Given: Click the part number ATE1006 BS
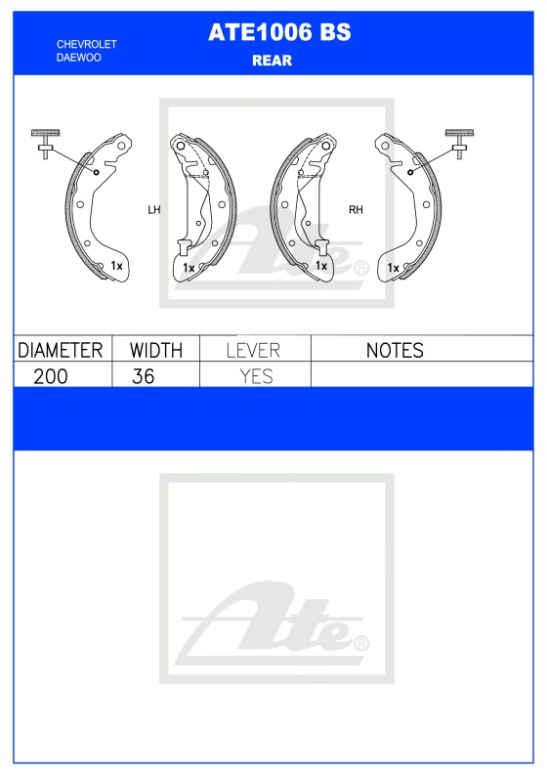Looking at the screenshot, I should (x=278, y=33).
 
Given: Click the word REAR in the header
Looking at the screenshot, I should (x=273, y=61).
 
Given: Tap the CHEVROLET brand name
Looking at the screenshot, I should (x=87, y=45).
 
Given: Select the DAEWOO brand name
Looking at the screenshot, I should (x=78, y=58).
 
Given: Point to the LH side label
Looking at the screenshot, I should (x=153, y=209).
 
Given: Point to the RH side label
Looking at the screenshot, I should (x=356, y=209).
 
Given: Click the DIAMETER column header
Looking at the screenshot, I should (x=61, y=350).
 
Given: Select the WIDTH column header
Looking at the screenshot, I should (x=155, y=350).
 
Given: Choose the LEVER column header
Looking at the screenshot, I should (x=253, y=350).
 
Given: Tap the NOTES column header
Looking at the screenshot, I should (x=394, y=350).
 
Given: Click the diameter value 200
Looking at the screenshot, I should (x=50, y=376).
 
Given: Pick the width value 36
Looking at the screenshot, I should (x=143, y=376).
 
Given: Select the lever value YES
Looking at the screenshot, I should (x=256, y=376).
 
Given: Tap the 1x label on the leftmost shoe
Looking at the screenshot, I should (x=115, y=265).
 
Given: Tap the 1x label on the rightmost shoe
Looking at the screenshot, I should (x=392, y=267).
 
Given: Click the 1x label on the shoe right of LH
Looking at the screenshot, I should (x=188, y=267).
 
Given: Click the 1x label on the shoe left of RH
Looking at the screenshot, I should (x=320, y=265).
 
